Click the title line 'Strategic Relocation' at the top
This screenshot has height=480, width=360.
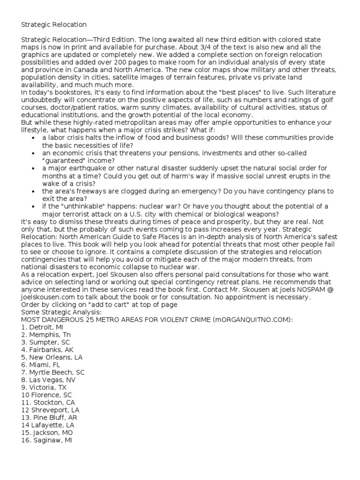tap(53, 24)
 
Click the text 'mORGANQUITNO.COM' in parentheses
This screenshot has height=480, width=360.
tap(251, 320)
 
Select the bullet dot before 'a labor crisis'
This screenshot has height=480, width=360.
tap(32, 138)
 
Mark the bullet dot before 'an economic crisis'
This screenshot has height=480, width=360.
tap(32, 153)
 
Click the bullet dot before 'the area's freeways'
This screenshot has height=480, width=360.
tap(32, 191)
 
